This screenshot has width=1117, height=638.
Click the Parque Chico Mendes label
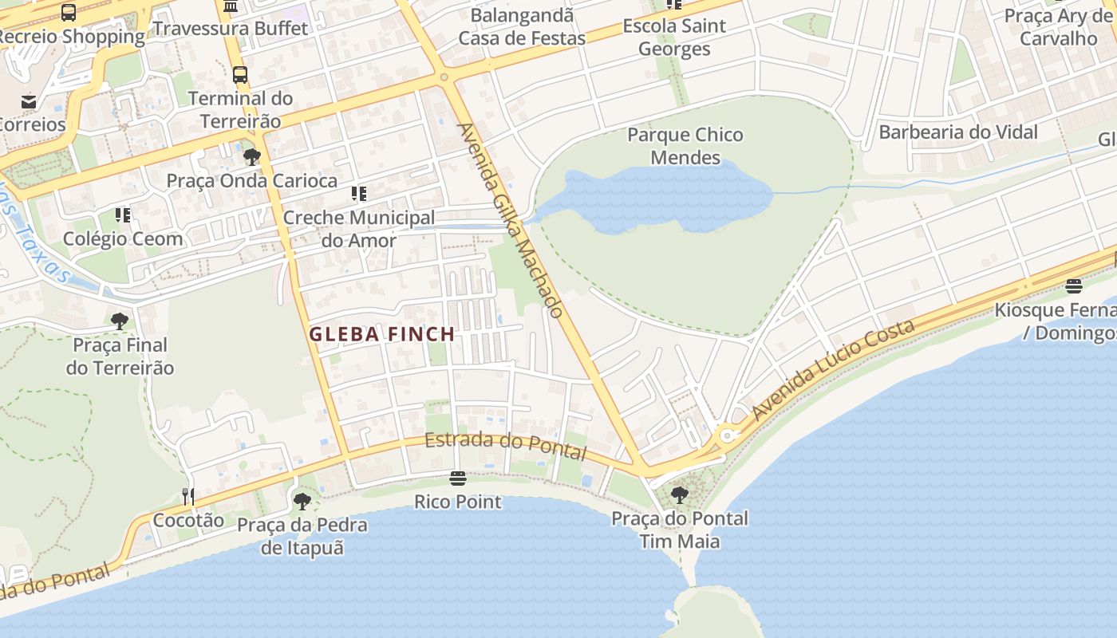pyautogui.click(x=685, y=146)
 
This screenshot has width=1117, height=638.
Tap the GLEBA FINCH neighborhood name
pyautogui.click(x=381, y=334)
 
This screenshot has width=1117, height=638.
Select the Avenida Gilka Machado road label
pyautogui.click(x=511, y=219)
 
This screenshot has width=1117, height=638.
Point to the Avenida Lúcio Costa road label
pyautogui.click(x=833, y=370)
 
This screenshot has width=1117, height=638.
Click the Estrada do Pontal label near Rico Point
pyautogui.click(x=505, y=446)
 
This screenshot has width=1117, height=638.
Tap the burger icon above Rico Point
pyautogui.click(x=458, y=478)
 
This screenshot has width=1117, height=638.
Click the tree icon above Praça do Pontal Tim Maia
pyautogui.click(x=680, y=495)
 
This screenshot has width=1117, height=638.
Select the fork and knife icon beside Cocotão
pyautogui.click(x=188, y=497)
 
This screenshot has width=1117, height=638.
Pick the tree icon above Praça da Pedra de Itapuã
pyautogui.click(x=302, y=502)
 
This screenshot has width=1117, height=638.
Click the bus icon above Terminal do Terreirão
pyautogui.click(x=240, y=75)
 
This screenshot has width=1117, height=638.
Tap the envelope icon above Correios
pyautogui.click(x=30, y=101)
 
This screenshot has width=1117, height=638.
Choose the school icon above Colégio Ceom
pyautogui.click(x=122, y=215)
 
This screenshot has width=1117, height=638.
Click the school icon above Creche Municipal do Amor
pyautogui.click(x=359, y=194)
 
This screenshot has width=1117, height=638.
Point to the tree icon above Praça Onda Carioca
pyautogui.click(x=252, y=157)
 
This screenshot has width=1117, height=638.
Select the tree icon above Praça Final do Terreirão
pyautogui.click(x=120, y=321)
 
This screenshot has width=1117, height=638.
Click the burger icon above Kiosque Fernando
pyautogui.click(x=1074, y=286)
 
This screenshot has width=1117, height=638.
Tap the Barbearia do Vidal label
pyautogui.click(x=957, y=132)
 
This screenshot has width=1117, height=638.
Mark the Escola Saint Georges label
pyautogui.click(x=674, y=37)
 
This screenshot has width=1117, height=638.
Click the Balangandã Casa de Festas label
pyautogui.click(x=522, y=26)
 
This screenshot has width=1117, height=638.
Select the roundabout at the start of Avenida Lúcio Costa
pyautogui.click(x=726, y=436)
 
